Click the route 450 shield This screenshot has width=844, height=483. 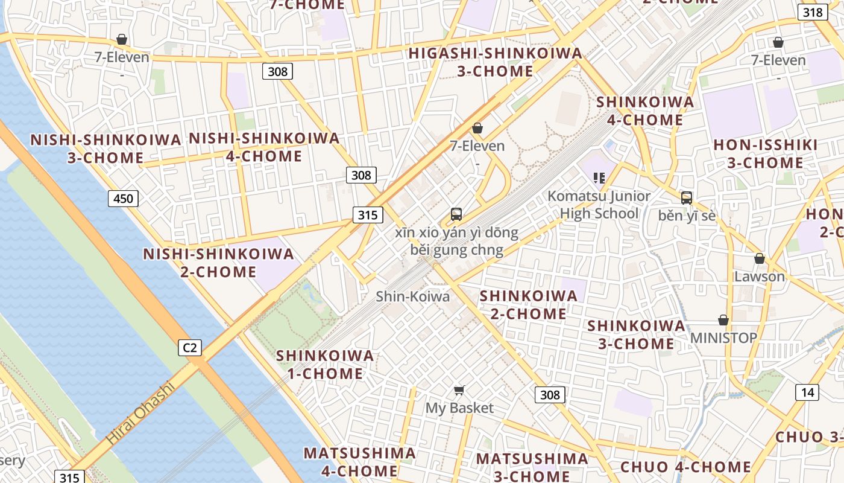point(123,198)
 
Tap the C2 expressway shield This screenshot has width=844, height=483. point(190,348)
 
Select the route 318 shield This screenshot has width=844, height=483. point(813,12)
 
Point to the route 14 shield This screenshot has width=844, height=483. point(807,392)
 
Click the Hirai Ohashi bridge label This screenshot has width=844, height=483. point(140,414)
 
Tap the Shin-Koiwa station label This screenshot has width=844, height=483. point(412,296)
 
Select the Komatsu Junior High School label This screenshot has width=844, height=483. point(599,205)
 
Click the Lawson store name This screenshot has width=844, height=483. point(759,277)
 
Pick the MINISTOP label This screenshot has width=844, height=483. point(723,337)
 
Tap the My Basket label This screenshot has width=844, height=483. point(459,408)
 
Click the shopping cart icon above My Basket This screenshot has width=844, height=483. point(459,390)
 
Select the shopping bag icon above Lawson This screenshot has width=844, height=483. point(759,258)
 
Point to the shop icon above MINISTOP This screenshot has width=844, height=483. point(723,319)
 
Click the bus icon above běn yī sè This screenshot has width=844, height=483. point(686,197)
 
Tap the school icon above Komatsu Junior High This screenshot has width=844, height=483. point(599,178)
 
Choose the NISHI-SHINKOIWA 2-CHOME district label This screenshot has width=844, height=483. point(218,263)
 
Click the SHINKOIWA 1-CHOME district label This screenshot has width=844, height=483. point(325,364)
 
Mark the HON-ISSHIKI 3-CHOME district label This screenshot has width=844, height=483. point(765,154)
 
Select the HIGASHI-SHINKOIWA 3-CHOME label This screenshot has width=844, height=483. point(495,62)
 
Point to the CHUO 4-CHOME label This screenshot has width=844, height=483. point(685,467)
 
